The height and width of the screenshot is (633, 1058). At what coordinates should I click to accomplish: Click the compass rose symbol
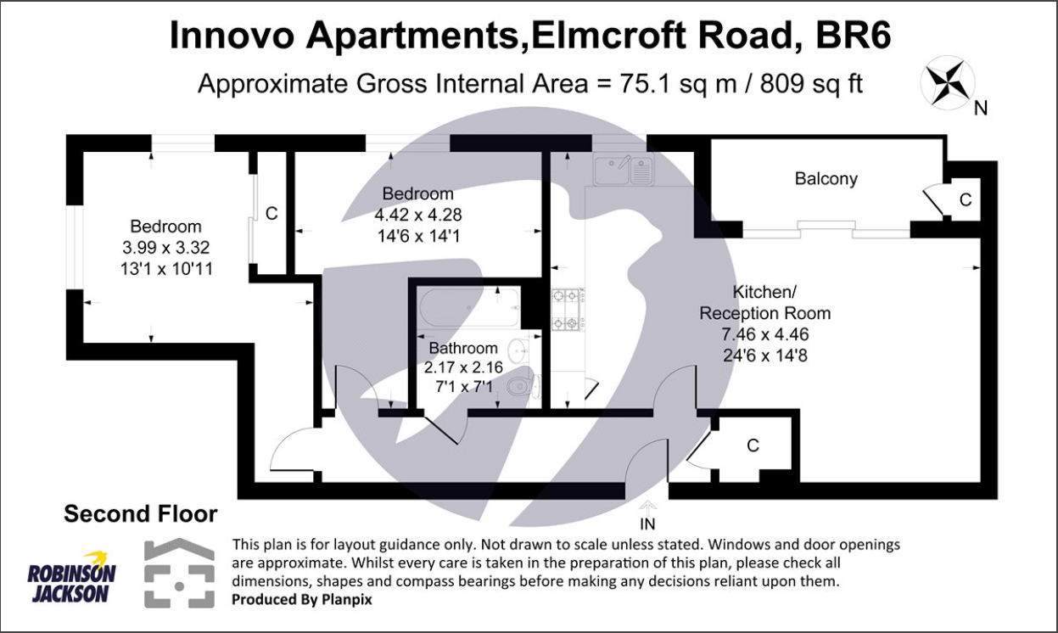point(947,82)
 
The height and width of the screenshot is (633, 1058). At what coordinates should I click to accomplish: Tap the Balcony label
point(826,179)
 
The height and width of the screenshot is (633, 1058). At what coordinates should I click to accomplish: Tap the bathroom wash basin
point(517,350)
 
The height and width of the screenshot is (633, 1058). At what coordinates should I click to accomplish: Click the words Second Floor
point(141,513)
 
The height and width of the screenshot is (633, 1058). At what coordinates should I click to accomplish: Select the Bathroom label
point(462,348)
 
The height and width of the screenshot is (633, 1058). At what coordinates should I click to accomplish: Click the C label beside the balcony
point(965,199)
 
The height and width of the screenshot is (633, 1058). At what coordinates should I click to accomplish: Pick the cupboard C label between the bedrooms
point(271,214)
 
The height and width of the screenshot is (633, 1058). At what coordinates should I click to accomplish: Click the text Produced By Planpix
point(302,598)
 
